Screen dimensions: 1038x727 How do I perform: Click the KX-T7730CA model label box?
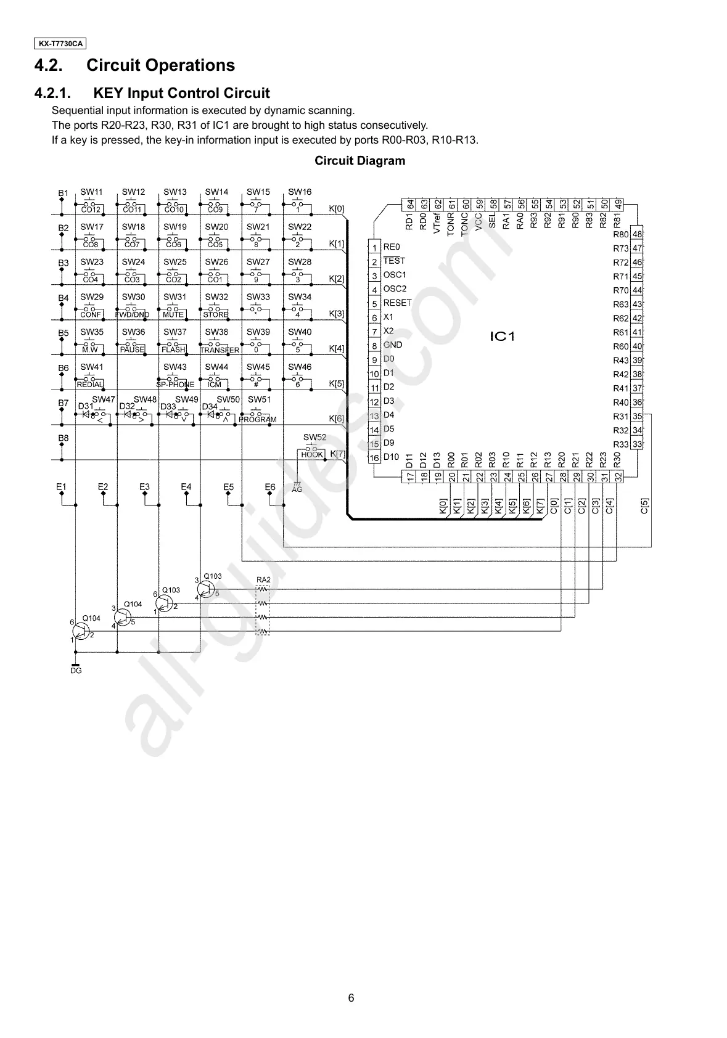click(x=59, y=44)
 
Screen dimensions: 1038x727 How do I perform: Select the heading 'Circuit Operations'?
click(x=161, y=65)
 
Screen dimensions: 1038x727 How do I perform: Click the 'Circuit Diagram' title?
click(x=360, y=161)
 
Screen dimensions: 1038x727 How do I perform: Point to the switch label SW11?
click(x=92, y=192)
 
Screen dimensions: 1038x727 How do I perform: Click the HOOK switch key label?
click(x=313, y=454)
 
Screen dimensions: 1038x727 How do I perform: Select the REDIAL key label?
click(x=90, y=385)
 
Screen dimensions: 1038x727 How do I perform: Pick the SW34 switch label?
click(x=300, y=297)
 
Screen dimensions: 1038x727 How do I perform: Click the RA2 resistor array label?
click(x=263, y=580)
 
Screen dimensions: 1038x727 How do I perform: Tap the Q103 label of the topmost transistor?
click(x=212, y=576)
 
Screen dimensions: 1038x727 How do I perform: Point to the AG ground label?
click(x=297, y=489)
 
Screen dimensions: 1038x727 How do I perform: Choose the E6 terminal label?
click(x=270, y=487)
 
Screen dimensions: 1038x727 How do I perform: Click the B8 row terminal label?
click(x=63, y=439)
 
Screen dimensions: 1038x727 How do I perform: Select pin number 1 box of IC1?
click(x=374, y=248)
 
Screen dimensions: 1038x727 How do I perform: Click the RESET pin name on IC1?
click(x=397, y=303)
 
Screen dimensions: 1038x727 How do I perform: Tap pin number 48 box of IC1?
click(x=638, y=234)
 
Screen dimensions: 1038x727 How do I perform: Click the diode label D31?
click(x=85, y=407)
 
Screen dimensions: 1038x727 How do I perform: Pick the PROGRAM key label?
click(x=258, y=420)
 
